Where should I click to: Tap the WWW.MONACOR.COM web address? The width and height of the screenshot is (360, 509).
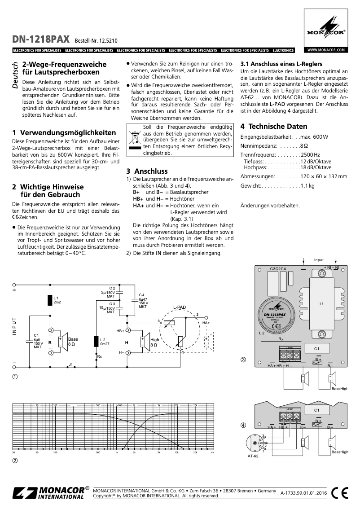click(x=326, y=50)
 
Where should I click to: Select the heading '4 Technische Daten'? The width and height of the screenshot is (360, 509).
click(x=274, y=127)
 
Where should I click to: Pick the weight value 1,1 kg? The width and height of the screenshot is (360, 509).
click(x=307, y=185)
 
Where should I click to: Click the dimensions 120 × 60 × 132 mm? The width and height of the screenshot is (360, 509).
click(x=323, y=176)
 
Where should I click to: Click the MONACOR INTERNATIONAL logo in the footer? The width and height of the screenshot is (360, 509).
click(x=50, y=493)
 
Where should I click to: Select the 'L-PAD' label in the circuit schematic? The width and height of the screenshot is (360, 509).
click(x=180, y=307)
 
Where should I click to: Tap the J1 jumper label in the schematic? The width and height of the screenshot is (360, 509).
click(x=70, y=364)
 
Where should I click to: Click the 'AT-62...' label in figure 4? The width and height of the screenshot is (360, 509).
click(x=255, y=456)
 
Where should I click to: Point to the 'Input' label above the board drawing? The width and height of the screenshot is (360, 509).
click(x=319, y=260)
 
